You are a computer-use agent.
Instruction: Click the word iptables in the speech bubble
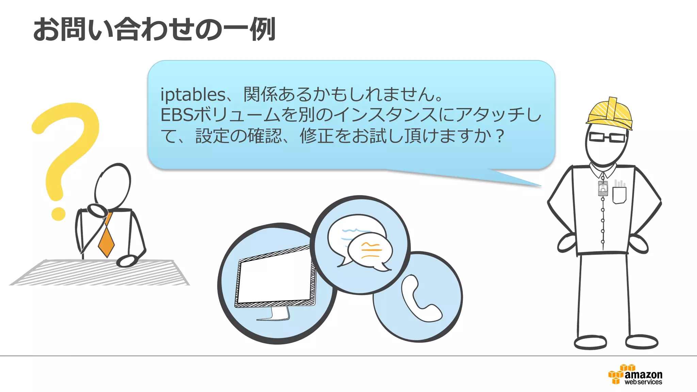pos(193,95)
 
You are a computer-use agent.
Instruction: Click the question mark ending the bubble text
pos(500,136)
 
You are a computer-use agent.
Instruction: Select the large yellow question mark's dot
pos(58,213)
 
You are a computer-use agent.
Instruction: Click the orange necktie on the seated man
pos(106,240)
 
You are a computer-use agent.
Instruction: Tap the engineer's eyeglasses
pos(607,137)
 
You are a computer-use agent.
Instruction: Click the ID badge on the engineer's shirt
pos(603,188)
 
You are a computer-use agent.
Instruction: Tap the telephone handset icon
pos(420,299)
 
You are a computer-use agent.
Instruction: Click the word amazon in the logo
pos(643,375)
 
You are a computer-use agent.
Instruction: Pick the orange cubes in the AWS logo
pos(617,375)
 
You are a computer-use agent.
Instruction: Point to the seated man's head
pos(113,185)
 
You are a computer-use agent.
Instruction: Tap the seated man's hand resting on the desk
pos(126,261)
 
